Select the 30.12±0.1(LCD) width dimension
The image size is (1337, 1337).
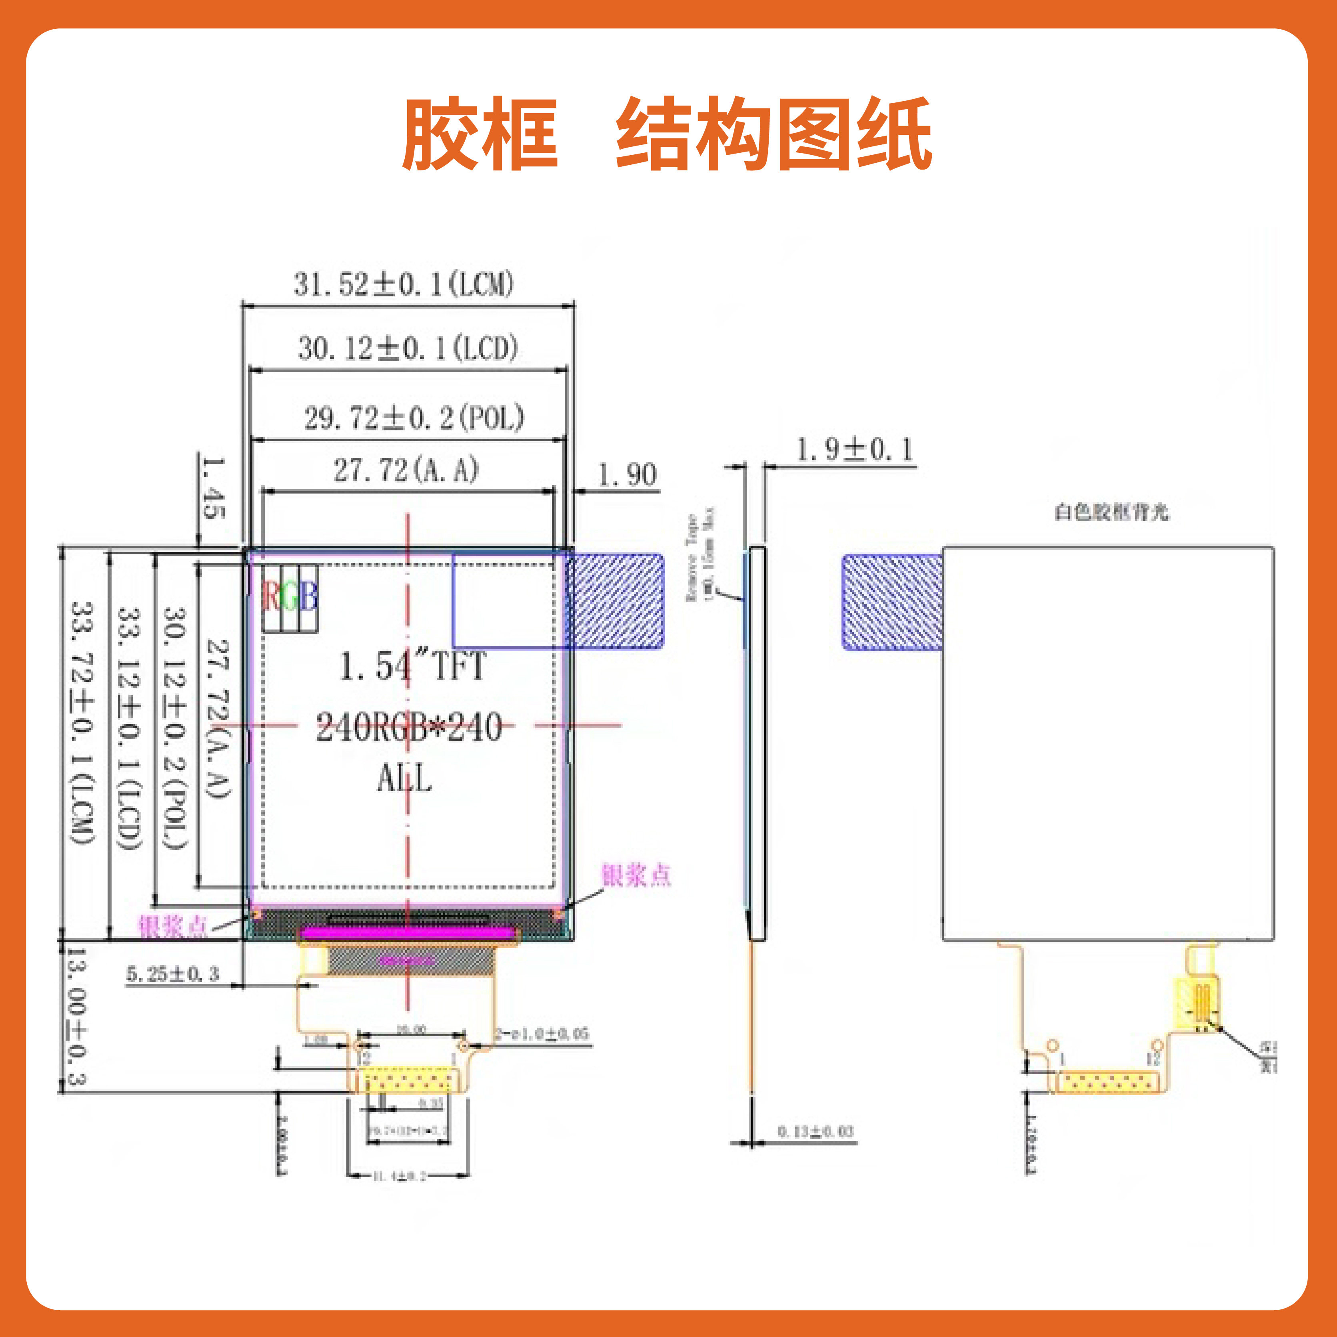point(408,348)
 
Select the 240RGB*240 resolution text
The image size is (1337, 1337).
point(409,728)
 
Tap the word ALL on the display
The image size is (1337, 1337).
point(405,779)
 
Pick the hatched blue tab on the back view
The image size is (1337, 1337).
point(891,602)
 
